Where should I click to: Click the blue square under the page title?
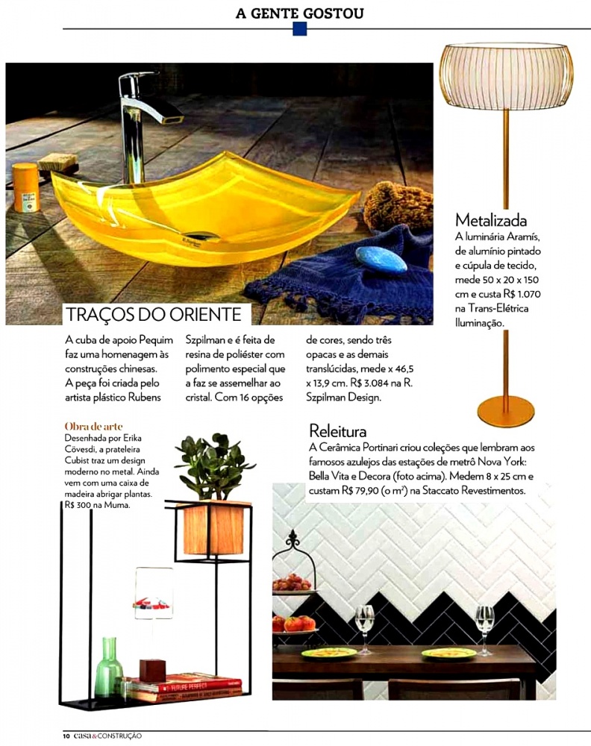click(300, 29)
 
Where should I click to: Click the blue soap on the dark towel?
click(381, 258)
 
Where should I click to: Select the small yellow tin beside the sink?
click(25, 187)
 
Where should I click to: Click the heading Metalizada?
click(491, 220)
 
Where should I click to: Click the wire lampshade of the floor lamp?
click(506, 76)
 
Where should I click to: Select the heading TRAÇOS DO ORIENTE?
click(153, 314)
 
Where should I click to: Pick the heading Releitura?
click(338, 431)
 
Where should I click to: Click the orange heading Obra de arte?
click(93, 426)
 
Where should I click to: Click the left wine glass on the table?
click(365, 625)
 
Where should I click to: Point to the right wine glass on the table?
click(484, 625)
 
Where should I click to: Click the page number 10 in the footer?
click(66, 736)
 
